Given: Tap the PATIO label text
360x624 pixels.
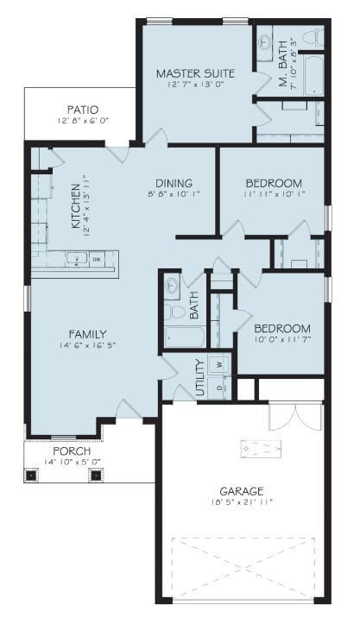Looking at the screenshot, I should pyautogui.click(x=83, y=110).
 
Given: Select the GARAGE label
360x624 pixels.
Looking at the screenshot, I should pyautogui.click(x=241, y=490).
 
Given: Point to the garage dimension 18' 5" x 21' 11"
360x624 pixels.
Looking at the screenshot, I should pyautogui.click(x=241, y=502).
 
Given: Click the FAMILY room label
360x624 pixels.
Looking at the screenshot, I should pyautogui.click(x=88, y=334).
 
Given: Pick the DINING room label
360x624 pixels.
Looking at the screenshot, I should pyautogui.click(x=174, y=182).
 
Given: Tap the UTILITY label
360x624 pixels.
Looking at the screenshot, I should pyautogui.click(x=199, y=376).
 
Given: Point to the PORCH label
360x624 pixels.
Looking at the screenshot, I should pyautogui.click(x=71, y=451).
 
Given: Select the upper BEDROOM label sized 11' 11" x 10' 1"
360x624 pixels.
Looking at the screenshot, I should pyautogui.click(x=273, y=182).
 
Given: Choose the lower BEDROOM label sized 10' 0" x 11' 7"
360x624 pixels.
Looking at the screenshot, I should pyautogui.click(x=281, y=328).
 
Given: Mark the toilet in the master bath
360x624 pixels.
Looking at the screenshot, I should pyautogui.click(x=318, y=38).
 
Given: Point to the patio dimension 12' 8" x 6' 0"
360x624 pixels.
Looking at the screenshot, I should pyautogui.click(x=83, y=122).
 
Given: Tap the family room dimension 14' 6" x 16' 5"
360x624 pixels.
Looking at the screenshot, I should pyautogui.click(x=88, y=346).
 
